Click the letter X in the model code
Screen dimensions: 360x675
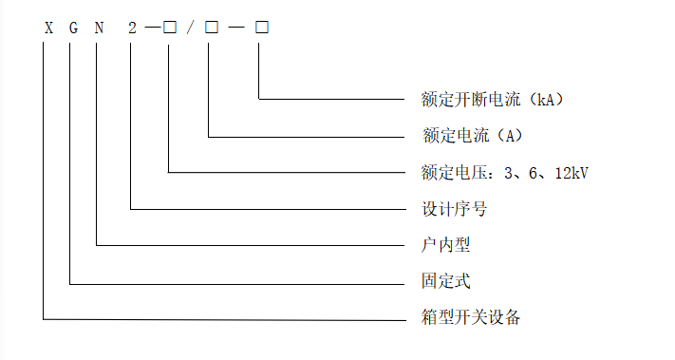45,28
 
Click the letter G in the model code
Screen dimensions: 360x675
71,28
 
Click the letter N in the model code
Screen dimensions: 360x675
98,28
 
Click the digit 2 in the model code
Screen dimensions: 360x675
132,28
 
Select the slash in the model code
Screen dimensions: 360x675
190,28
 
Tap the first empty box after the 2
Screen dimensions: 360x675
169,28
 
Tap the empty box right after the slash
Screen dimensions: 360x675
210,28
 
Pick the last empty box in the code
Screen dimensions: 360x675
261,28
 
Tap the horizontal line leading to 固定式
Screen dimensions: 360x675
238,282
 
